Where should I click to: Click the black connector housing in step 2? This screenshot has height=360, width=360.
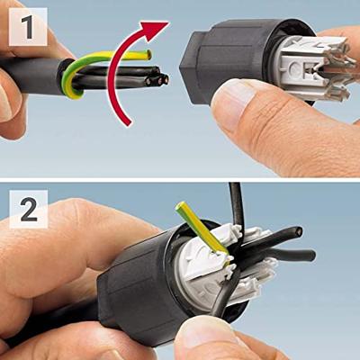[144, 288]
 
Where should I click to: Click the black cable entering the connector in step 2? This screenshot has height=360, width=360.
[45, 319]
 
